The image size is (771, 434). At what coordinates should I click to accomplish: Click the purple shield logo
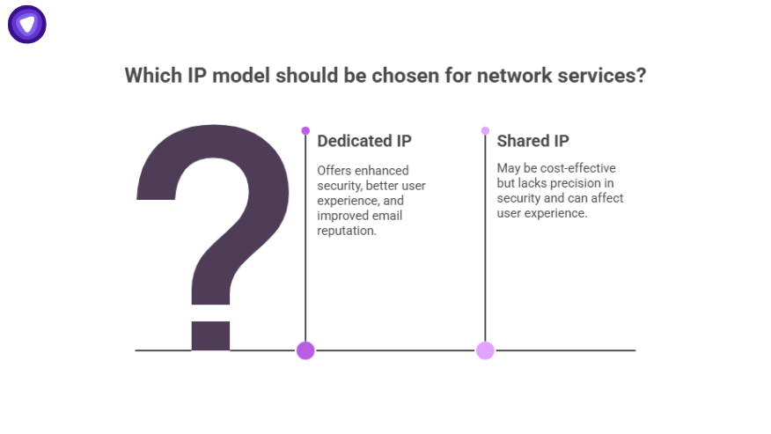pyautogui.click(x=27, y=24)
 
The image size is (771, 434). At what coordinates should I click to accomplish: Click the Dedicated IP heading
pyautogui.click(x=363, y=141)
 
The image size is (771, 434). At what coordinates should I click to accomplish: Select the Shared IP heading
pyautogui.click(x=532, y=141)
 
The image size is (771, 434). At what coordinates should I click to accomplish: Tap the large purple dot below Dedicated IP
pyautogui.click(x=305, y=350)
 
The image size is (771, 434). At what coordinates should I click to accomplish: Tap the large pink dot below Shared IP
pyautogui.click(x=485, y=350)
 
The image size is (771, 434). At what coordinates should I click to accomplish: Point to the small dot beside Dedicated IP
pyautogui.click(x=305, y=130)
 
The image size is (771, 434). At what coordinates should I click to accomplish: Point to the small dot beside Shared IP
pyautogui.click(x=485, y=130)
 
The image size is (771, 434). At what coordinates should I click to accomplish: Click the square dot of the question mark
pyautogui.click(x=210, y=335)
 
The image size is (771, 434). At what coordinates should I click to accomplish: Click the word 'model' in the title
pyautogui.click(x=239, y=76)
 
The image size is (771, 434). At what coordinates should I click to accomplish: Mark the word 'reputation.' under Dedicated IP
pyautogui.click(x=347, y=231)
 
